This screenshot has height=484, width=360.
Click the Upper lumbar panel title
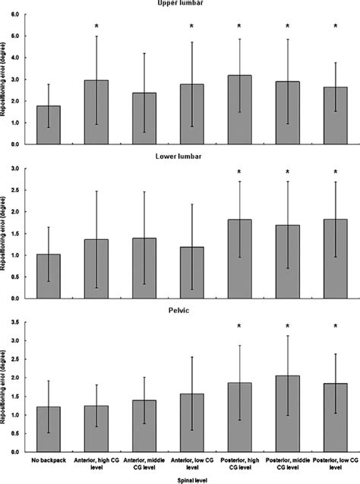tap(191, 4)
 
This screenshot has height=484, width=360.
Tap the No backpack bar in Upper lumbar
tap(49, 125)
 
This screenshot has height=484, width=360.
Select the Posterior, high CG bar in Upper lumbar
tap(239, 110)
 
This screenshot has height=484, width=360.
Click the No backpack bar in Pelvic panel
tap(49, 429)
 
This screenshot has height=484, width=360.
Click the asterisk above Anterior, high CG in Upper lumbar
tap(96, 27)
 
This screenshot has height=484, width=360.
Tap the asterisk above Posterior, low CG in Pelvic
tap(335, 327)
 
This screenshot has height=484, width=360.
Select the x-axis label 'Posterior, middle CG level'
tap(287, 463)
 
